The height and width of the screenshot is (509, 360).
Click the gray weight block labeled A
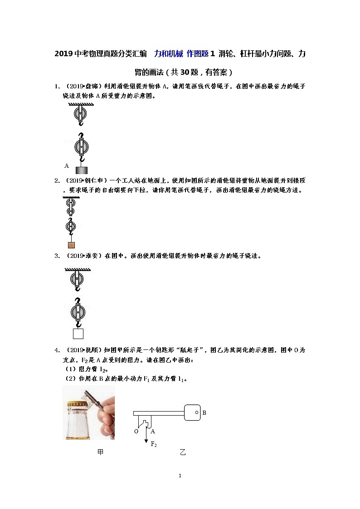pyautogui.click(x=82, y=170)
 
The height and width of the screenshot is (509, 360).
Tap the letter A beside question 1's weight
pyautogui.click(x=67, y=166)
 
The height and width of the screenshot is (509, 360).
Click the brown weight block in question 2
pyautogui.click(x=71, y=245)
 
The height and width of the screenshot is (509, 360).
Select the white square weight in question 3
pyautogui.click(x=78, y=334)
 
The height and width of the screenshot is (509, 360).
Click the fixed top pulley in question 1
pyautogui.click(x=80, y=114)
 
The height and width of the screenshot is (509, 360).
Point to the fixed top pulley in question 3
pyautogui.click(x=77, y=278)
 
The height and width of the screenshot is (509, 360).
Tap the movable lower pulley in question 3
pyautogui.click(x=78, y=312)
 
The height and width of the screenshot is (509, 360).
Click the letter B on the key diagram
pyautogui.click(x=204, y=413)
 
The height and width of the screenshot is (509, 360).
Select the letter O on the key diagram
pyautogui.click(x=136, y=431)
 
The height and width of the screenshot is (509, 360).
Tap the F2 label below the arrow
pyautogui.click(x=154, y=444)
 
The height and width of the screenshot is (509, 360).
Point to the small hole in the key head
pyautogui.click(x=197, y=412)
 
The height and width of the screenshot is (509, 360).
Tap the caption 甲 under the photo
pyautogui.click(x=100, y=452)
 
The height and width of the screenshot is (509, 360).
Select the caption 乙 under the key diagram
pyautogui.click(x=183, y=452)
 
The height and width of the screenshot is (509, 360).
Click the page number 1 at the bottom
pyautogui.click(x=180, y=476)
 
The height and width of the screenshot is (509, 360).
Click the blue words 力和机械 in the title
pyautogui.click(x=169, y=53)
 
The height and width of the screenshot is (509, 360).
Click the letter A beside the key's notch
pyautogui.click(x=153, y=431)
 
